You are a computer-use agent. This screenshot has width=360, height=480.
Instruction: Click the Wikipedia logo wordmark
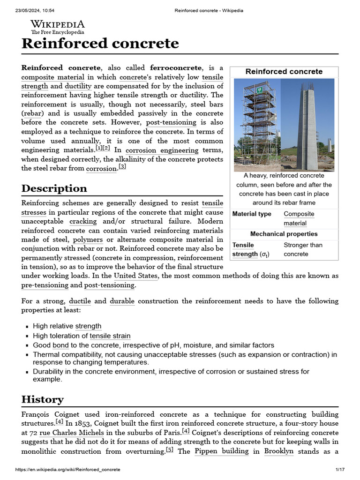tap(58, 24)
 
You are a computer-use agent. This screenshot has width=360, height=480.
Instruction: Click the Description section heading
tap(54, 188)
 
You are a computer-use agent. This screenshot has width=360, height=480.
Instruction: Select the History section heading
tap(42, 399)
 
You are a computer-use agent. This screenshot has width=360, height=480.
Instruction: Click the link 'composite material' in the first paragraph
tap(53, 77)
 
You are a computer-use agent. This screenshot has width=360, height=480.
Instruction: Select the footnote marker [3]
tap(122, 167)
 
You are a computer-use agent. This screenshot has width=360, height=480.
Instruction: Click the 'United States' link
tap(136, 276)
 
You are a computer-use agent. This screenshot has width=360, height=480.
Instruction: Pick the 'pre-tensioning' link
tap(45, 285)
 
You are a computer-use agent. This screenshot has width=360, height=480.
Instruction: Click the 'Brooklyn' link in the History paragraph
tap(279, 451)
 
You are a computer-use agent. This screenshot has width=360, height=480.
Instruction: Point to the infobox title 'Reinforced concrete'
tap(284, 72)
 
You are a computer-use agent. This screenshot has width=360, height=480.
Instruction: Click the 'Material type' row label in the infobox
tap(252, 214)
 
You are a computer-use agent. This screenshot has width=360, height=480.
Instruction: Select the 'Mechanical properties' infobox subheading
tap(284, 234)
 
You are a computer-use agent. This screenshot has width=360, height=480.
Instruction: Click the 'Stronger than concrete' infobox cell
tap(303, 249)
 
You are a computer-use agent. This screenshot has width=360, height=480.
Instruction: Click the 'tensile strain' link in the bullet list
tap(110, 336)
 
